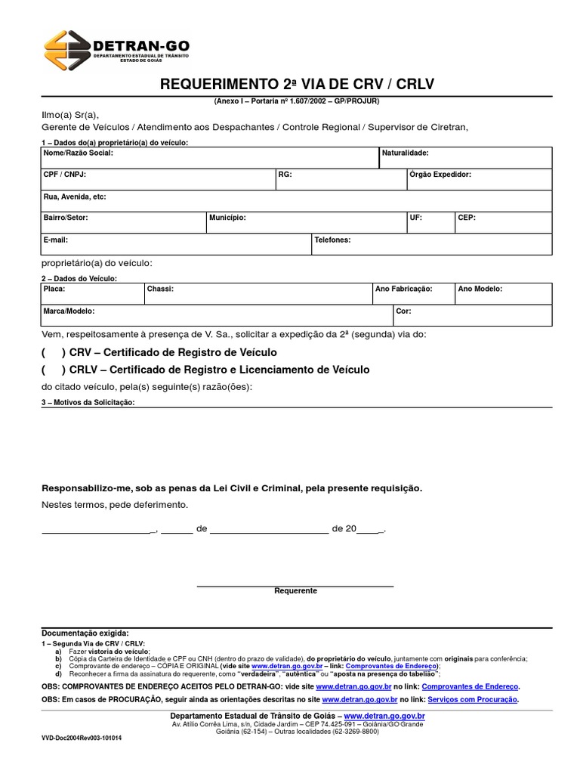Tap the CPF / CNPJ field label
pyautogui.click(x=65, y=175)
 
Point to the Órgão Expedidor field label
pyautogui.click(x=440, y=175)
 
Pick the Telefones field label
pyautogui.click(x=332, y=240)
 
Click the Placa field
pyautogui.click(x=91, y=293)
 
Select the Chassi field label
pyautogui.click(x=160, y=289)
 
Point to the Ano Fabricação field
pyautogui.click(x=412, y=293)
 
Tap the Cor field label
pyautogui.click(x=403, y=311)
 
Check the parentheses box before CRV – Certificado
pyautogui.click(x=53, y=353)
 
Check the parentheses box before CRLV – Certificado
pyautogui.click(x=53, y=370)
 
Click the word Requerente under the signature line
pyautogui.click(x=295, y=591)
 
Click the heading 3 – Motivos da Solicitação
pyautogui.click(x=88, y=403)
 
